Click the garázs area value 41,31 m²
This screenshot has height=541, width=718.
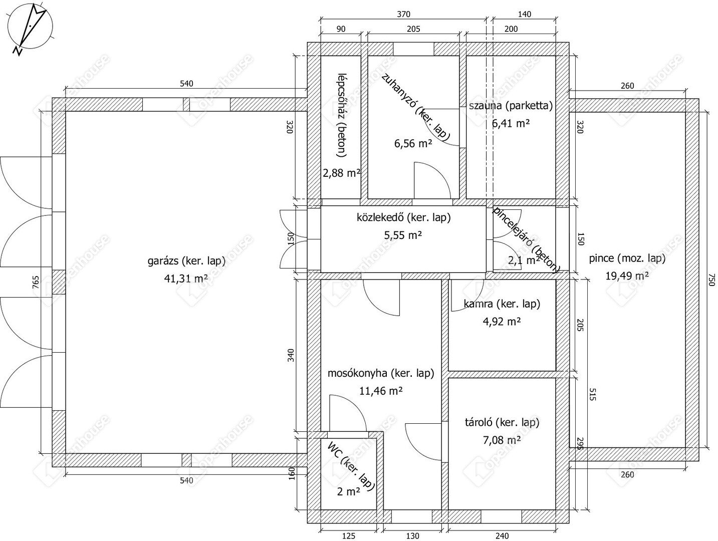point(186,279)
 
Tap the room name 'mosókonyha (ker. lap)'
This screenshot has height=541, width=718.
point(381,374)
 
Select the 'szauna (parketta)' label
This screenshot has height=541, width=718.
point(511,106)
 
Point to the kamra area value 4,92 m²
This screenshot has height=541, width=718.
point(502,322)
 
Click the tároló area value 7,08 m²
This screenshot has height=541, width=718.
point(502,440)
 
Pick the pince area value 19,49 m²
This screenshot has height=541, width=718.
point(627,276)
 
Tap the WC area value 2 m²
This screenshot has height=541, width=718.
point(348,491)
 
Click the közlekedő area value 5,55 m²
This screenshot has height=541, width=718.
point(403,235)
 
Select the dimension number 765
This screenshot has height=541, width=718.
point(36,282)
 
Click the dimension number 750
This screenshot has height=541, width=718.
point(709,280)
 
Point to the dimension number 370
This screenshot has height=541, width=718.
point(403,14)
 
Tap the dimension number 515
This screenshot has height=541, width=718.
point(592,394)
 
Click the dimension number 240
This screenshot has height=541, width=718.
point(502,536)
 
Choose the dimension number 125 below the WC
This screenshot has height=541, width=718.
point(348,536)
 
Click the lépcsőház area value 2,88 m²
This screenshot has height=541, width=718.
point(342,173)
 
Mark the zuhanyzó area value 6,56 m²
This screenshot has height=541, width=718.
point(413,143)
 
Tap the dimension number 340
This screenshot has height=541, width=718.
point(291,355)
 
